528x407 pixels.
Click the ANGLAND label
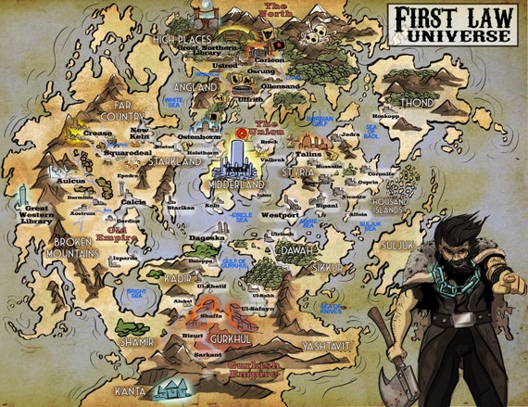[194, 86]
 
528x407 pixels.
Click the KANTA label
[131, 391]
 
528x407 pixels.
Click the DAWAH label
[299, 248]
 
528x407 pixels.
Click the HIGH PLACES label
[178, 40]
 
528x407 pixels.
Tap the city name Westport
[281, 215]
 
